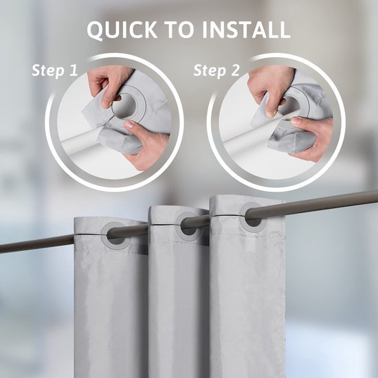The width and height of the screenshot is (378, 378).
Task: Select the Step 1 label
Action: click(56, 70)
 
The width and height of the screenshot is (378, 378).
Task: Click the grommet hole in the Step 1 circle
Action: click(124, 107)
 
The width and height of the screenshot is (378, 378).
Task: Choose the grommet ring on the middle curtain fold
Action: click(187, 224)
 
